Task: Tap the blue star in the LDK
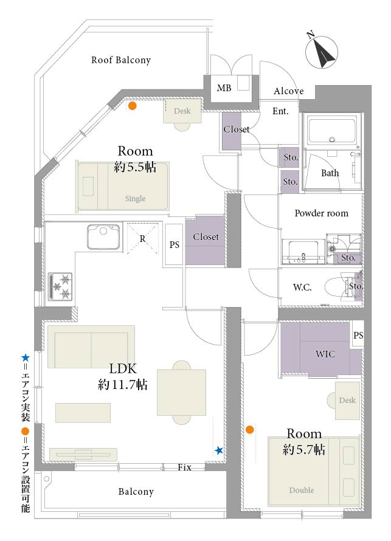point(219,450)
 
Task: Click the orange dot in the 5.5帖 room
point(132,106)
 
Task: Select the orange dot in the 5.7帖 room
point(250,430)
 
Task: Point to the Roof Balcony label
point(121,60)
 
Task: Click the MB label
point(224,88)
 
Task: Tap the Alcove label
point(288,91)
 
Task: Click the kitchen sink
point(103,236)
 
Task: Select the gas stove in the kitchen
point(60,286)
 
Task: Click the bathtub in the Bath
point(332,131)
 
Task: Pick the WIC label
point(325,354)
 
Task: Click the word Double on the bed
point(302,490)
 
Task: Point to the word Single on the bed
point(135,198)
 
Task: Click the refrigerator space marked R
point(142,239)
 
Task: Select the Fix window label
point(185,467)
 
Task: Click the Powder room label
point(322,213)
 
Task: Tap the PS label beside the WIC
point(358,335)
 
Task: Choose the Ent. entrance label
point(280,111)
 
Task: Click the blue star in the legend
point(26,358)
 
